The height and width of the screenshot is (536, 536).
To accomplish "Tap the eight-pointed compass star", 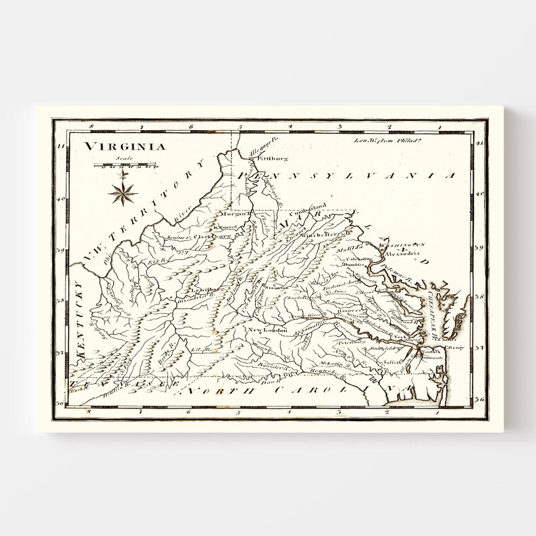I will [x=123, y=192].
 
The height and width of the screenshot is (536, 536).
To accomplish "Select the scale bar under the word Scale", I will [x=126, y=165].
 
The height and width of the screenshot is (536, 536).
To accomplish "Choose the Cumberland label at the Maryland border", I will [x=311, y=205].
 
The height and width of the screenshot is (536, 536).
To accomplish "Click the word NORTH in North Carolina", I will [x=213, y=391].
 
